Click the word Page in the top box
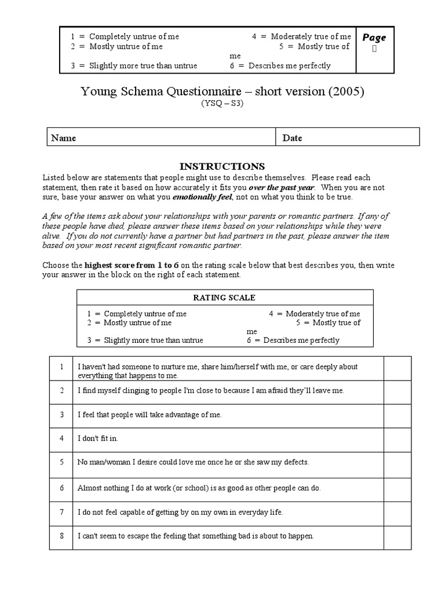(x=374, y=38)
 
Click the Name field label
(x=64, y=138)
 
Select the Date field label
(x=292, y=138)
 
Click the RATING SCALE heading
(x=224, y=298)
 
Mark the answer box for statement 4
(x=397, y=438)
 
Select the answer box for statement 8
(x=397, y=536)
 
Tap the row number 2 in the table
(x=61, y=390)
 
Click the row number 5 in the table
(x=61, y=462)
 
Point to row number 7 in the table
(x=61, y=513)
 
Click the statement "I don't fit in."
(x=97, y=438)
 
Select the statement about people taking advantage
(x=149, y=415)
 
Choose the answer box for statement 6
(x=397, y=488)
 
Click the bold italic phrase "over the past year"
(x=282, y=188)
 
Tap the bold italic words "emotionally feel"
(x=206, y=197)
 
